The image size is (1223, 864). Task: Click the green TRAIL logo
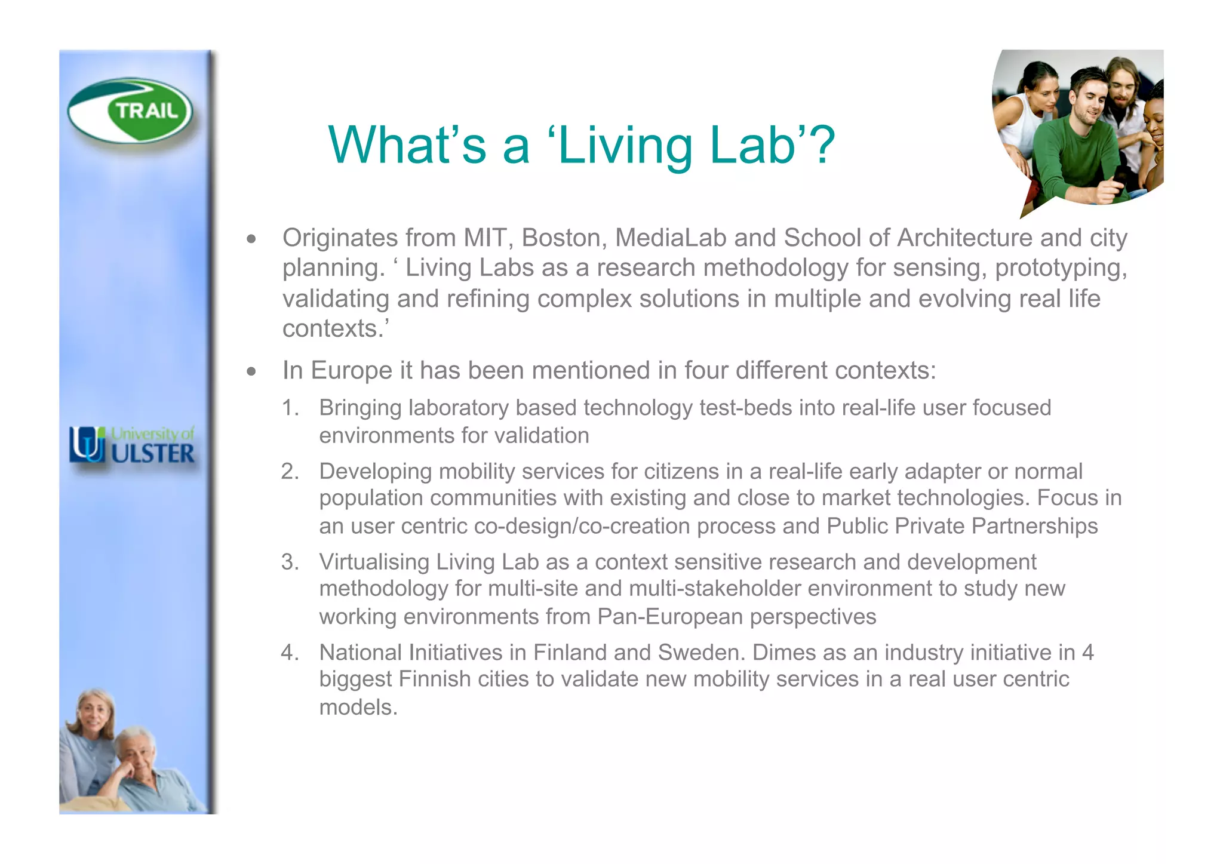[x=130, y=111]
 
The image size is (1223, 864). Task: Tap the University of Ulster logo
[x=132, y=445]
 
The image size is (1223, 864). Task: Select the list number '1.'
[x=290, y=408]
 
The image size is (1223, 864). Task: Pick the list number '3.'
[x=290, y=562]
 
